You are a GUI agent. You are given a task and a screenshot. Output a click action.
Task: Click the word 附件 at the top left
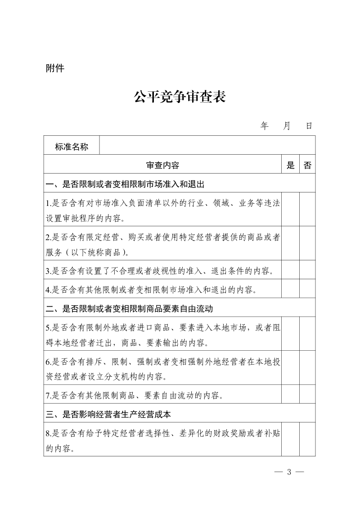55,68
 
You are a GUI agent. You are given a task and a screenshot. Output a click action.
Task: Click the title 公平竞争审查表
180,97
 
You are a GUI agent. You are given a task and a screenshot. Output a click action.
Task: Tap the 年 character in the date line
264,125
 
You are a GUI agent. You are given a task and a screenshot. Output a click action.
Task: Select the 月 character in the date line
287,125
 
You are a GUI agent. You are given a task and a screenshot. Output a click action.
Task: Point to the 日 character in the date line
309,125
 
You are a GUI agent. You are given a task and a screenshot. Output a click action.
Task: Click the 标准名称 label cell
72,147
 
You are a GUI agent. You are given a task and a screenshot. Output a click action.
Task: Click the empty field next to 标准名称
207,147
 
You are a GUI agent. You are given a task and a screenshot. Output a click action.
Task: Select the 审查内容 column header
162,165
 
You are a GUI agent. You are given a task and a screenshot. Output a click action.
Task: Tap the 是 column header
291,165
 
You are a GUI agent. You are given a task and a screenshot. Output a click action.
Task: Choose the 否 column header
307,165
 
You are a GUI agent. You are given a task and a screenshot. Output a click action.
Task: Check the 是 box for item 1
291,210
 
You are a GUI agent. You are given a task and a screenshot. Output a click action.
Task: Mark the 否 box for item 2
307,243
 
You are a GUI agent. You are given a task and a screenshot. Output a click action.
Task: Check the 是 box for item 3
291,270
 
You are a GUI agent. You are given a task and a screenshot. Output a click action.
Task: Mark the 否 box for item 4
307,289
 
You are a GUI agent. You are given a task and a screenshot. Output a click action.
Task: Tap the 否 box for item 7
307,395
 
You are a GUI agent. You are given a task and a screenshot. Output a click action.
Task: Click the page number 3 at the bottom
289,472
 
